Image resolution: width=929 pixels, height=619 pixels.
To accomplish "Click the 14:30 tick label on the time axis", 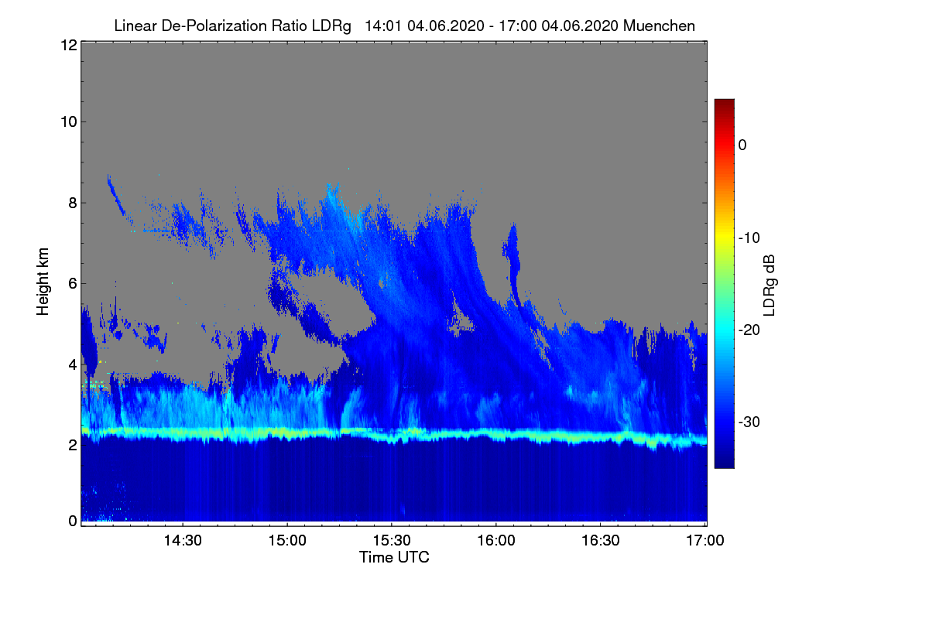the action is coord(183,541).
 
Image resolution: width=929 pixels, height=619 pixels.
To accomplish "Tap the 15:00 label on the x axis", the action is coord(287,541).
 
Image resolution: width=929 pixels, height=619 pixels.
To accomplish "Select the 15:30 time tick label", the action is coord(392,541).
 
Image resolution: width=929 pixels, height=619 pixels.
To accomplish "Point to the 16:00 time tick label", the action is coord(496,541).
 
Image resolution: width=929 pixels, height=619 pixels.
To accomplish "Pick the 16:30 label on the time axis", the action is coord(601,541).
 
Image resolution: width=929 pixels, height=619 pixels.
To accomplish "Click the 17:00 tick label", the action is coord(705,541).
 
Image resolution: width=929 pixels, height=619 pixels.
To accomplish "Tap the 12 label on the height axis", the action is coord(69,45).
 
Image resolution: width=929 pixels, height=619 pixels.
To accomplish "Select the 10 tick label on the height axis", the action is coord(69,122).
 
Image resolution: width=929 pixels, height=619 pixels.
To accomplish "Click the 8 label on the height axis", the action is coord(73,203).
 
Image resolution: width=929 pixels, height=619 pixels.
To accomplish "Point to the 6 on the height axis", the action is coord(73,284).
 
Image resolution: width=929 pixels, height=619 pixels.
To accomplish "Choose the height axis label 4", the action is coord(73,365).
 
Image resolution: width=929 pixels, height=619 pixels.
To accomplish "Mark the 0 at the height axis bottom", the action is coord(73,522).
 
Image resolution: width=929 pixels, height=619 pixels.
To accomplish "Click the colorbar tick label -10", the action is coord(749,238).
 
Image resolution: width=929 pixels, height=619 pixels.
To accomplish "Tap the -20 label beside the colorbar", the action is coord(749,330).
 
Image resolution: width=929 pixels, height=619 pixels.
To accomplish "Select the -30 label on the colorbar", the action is coord(749,422).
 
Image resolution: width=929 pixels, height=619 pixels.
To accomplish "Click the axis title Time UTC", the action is coord(394,557).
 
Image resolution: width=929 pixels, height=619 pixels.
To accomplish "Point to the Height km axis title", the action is coord(43,282).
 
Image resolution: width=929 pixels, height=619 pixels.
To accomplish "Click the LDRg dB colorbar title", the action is coord(769,286).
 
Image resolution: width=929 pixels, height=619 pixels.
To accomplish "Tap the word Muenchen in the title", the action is coord(659,26).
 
